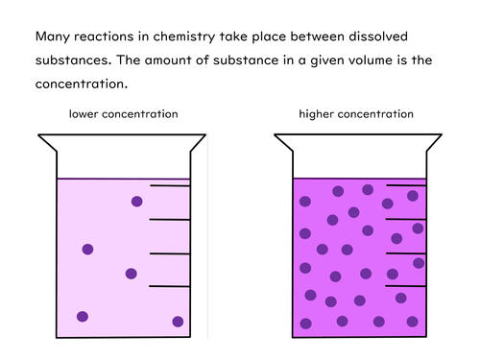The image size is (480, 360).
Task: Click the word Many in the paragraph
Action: tap(53, 37)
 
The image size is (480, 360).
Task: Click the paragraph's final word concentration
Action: tap(81, 84)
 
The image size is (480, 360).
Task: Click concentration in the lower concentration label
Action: tap(143, 114)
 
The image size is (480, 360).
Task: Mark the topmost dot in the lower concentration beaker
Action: tap(137, 201)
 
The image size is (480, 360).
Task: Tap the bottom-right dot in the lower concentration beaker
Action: tap(178, 322)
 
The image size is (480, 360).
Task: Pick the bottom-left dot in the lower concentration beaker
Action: tap(83, 317)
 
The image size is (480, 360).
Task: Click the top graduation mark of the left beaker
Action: tap(171, 186)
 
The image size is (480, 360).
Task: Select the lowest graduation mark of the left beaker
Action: tap(171, 286)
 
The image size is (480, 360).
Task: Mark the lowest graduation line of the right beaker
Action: tap(406, 286)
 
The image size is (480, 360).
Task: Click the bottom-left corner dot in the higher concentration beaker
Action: tap(306, 323)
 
